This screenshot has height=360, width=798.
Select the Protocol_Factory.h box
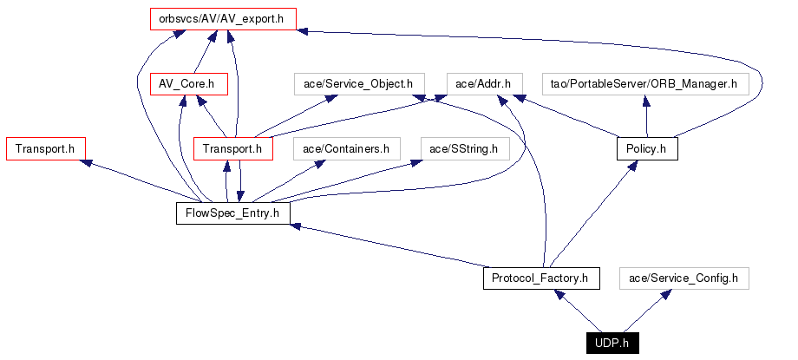540,278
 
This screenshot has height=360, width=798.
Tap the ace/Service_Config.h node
683,278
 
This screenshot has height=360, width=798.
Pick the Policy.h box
646,149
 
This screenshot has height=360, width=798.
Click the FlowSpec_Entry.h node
232,213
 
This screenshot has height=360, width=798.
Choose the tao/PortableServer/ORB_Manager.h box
644,84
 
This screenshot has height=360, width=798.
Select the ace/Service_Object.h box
358,84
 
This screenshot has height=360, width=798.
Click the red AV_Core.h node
187,84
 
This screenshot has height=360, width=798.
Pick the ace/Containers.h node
345,149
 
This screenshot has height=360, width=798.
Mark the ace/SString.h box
464,149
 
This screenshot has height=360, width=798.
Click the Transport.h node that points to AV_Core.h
232,149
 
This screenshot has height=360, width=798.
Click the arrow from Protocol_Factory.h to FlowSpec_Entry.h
390,247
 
